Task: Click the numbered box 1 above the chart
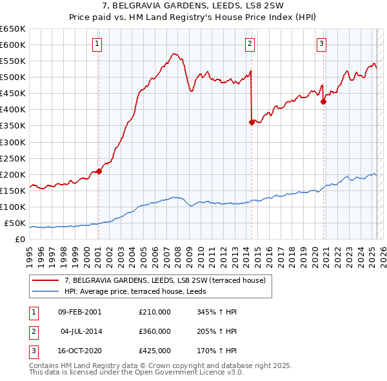(97, 44)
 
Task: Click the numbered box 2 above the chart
(250, 44)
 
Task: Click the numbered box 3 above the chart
(321, 44)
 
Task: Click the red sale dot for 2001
(99, 171)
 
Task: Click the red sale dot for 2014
(252, 122)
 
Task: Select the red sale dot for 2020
(323, 101)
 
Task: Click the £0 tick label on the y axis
(19, 239)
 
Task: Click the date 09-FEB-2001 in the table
(79, 312)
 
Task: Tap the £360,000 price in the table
(154, 331)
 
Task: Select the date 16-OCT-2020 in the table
(79, 351)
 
